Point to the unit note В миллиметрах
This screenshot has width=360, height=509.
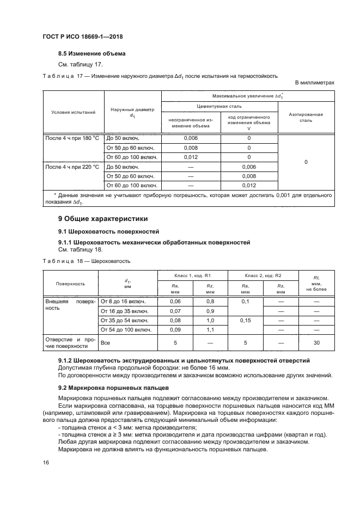click(314, 83)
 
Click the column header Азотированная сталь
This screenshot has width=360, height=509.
click(306, 118)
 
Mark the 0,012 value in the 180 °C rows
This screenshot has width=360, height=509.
click(191, 157)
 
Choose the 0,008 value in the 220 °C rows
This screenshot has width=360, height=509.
click(248, 176)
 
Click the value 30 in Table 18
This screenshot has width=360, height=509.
click(316, 343)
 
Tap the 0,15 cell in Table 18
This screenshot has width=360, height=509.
click(245, 320)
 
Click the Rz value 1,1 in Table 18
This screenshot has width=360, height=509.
click(210, 329)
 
